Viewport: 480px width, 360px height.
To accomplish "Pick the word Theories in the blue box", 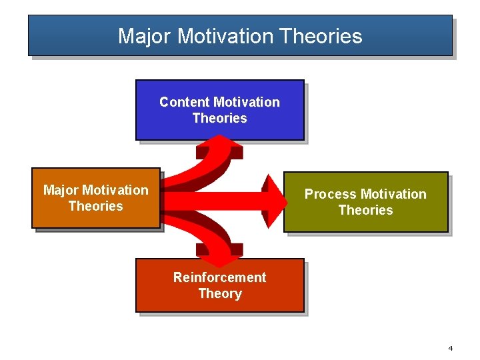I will (x=219, y=119).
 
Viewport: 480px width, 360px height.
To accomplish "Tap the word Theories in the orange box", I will (x=95, y=207).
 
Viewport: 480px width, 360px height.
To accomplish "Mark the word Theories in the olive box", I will (x=365, y=211).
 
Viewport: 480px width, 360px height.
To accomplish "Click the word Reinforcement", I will (x=219, y=277).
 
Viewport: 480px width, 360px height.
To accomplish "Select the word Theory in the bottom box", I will (x=219, y=294).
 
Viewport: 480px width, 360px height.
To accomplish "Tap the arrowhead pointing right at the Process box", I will (x=275, y=201).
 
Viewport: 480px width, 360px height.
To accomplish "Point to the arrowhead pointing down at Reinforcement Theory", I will (x=220, y=253).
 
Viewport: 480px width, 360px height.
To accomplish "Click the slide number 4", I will (x=451, y=348).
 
